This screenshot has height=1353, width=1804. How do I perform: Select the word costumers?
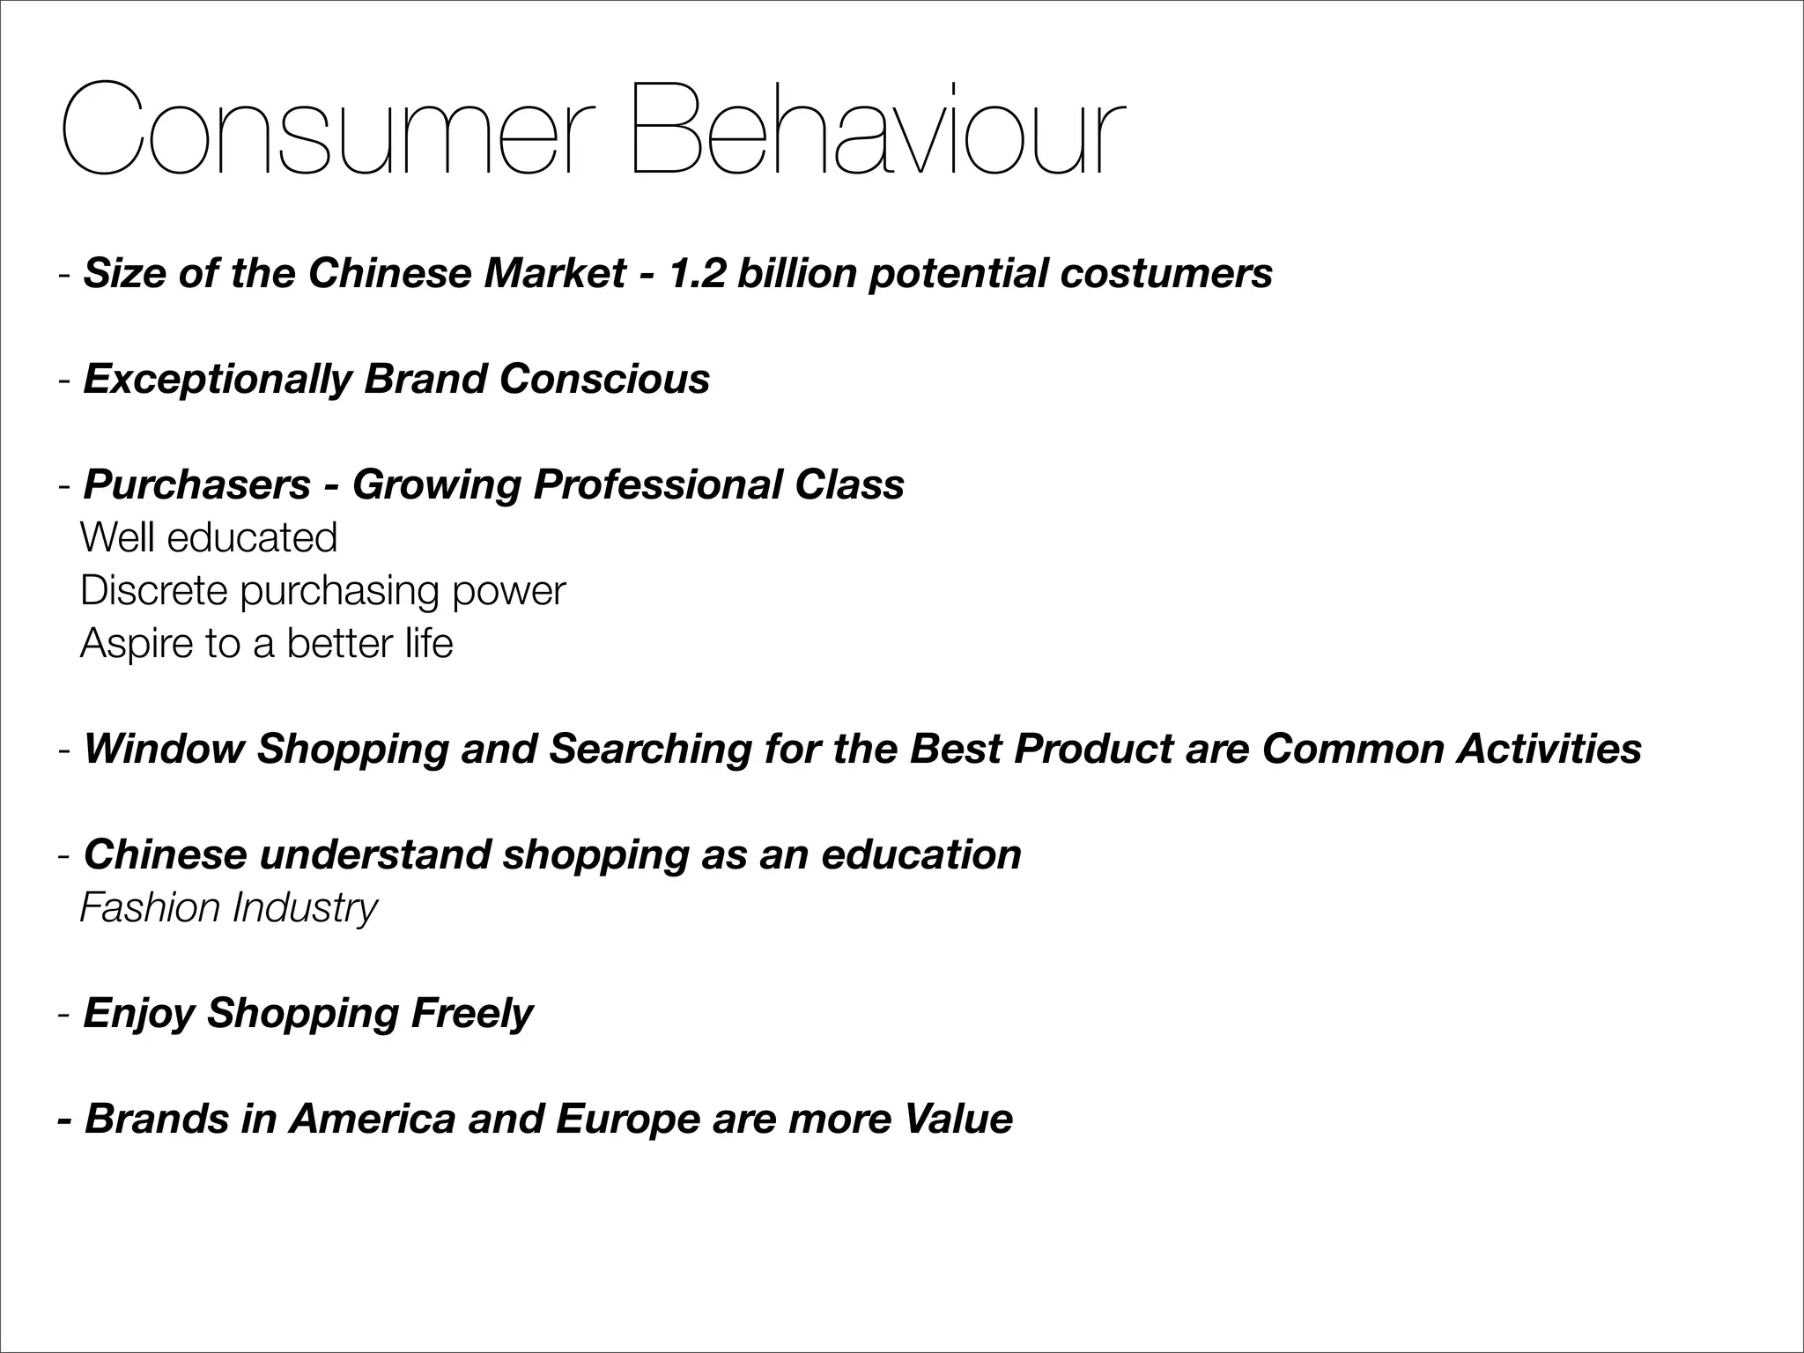[1166, 273]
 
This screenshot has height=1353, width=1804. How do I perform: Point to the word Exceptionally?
[217, 380]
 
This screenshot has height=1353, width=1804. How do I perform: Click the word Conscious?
[604, 379]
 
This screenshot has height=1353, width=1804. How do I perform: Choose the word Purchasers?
[197, 484]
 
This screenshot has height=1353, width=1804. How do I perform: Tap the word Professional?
[657, 484]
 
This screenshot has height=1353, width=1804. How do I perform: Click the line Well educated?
[209, 537]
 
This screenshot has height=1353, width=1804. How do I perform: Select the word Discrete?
[154, 590]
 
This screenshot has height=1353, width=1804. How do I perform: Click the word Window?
[164, 749]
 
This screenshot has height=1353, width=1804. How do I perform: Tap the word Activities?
[1549, 749]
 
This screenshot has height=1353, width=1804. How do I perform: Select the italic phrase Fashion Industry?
[228, 908]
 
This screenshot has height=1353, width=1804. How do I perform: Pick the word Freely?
[472, 1014]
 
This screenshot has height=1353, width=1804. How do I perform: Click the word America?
[372, 1119]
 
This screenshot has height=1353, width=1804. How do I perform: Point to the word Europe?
[628, 1120]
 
